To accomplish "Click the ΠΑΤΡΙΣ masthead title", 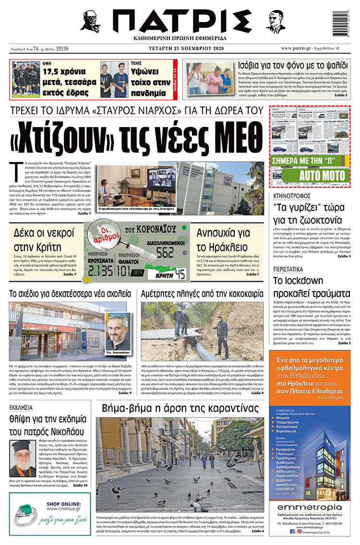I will click(x=180, y=22).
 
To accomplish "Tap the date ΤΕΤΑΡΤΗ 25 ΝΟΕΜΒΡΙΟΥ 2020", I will click(x=180, y=48).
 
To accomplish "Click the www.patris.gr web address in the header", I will click(x=298, y=48).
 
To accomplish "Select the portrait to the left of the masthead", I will click(x=91, y=22).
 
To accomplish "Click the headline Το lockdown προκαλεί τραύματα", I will click(x=312, y=287).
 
